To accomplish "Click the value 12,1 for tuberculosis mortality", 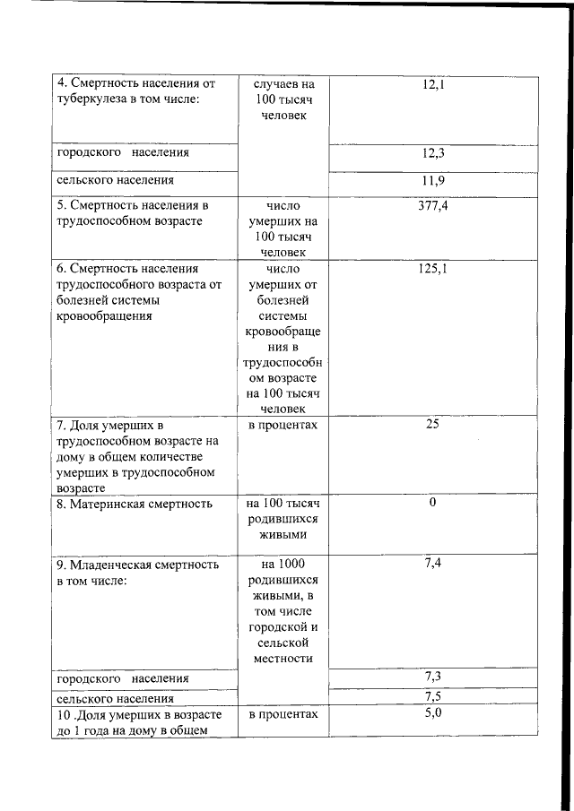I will pyautogui.click(x=433, y=85).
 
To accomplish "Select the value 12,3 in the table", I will pyautogui.click(x=433, y=153).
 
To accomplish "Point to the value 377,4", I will pyautogui.click(x=433, y=208).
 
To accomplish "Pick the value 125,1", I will pyautogui.click(x=433, y=269).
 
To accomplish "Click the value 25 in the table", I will pyautogui.click(x=432, y=424).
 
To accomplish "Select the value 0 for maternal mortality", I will pyautogui.click(x=432, y=503).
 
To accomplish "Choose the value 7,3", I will pyautogui.click(x=433, y=676).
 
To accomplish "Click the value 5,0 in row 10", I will pyautogui.click(x=432, y=713).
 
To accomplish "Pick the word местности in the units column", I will pyautogui.click(x=283, y=660).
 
